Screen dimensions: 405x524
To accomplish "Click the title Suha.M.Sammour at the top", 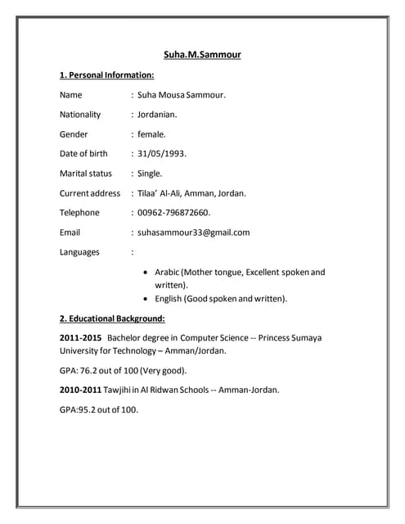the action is [202, 55].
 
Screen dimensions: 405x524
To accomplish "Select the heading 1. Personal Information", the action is [106, 75].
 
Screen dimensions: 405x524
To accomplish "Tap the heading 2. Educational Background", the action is [112, 318].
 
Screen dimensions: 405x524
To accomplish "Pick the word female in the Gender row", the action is [151, 133].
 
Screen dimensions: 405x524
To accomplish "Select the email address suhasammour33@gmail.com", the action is [194, 232].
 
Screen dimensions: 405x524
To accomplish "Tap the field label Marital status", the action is [86, 173].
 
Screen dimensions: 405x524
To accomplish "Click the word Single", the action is [150, 173].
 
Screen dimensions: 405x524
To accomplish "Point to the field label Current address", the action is [90, 193].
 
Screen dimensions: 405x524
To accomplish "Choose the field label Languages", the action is [79, 251].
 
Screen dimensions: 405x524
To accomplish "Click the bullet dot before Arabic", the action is [146, 272].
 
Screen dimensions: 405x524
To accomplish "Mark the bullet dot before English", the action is [146, 299].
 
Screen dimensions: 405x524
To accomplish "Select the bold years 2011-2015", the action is [80, 337].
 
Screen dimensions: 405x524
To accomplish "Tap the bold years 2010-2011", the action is [80, 390].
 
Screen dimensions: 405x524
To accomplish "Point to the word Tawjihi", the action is [123, 390].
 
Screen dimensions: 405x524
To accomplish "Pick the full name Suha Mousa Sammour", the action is [181, 95].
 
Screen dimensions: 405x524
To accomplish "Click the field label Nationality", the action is [80, 115].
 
